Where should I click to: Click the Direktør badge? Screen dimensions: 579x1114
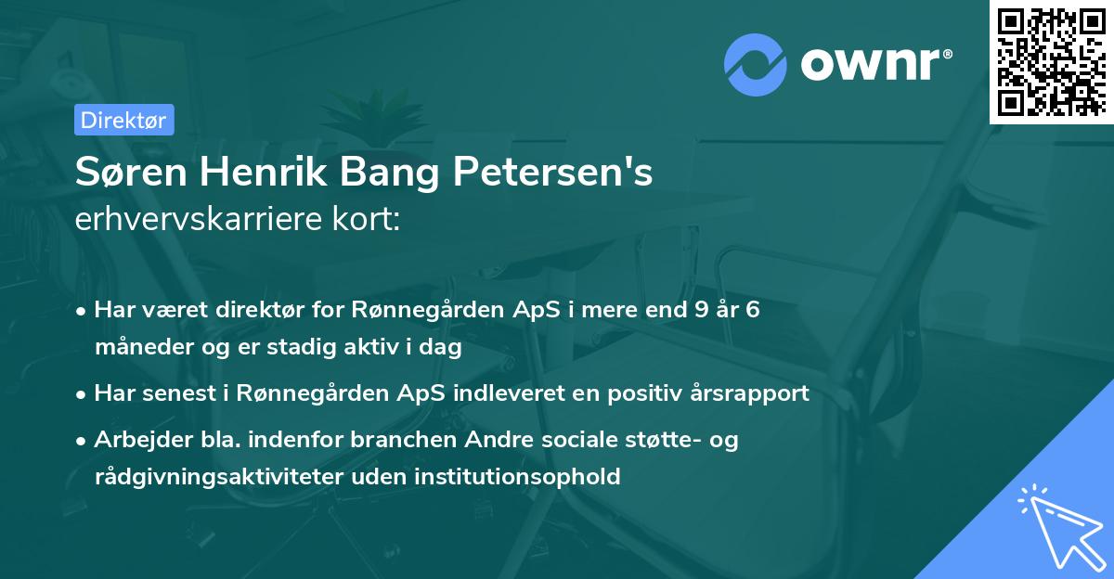point(123,120)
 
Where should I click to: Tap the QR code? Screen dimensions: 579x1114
point(1052,61)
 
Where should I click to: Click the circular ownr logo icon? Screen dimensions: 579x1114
point(756,64)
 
